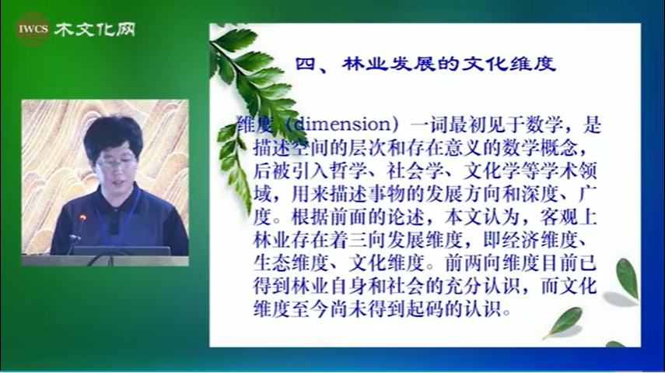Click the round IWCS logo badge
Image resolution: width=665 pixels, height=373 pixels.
(33, 29)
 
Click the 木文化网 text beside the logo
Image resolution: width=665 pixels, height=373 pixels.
(95, 30)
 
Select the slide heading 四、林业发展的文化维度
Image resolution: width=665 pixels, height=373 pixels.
(425, 64)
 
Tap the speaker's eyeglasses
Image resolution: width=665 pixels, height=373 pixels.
(116, 163)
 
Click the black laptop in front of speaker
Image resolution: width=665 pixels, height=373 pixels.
(121, 251)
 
